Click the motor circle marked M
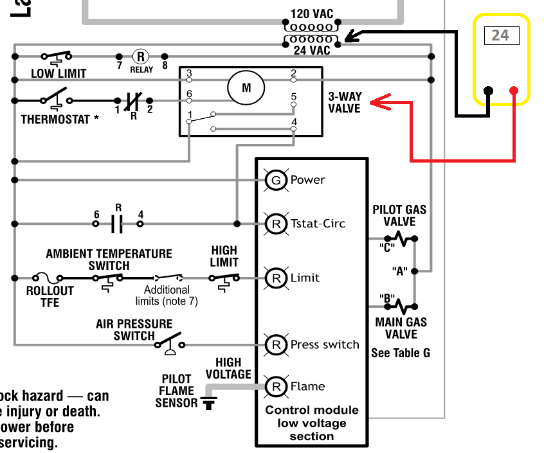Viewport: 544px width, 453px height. coord(246,88)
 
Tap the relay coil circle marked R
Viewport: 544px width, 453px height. coord(141,57)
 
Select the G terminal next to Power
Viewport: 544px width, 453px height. coord(276,180)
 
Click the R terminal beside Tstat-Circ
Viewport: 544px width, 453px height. coord(276,224)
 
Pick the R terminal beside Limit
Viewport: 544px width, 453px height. coord(276,278)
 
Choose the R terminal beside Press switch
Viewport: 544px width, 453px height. coord(276,344)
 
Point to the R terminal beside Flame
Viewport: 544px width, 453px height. coord(276,386)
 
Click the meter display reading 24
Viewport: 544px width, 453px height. coord(500,35)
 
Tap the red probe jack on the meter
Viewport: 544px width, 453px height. coord(514,91)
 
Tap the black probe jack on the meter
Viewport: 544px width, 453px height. coord(488,91)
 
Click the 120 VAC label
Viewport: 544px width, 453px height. coord(311,14)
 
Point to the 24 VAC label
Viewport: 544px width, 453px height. coord(311,50)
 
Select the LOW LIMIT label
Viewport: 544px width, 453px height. coord(59,73)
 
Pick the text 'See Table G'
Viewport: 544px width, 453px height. coord(401,353)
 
